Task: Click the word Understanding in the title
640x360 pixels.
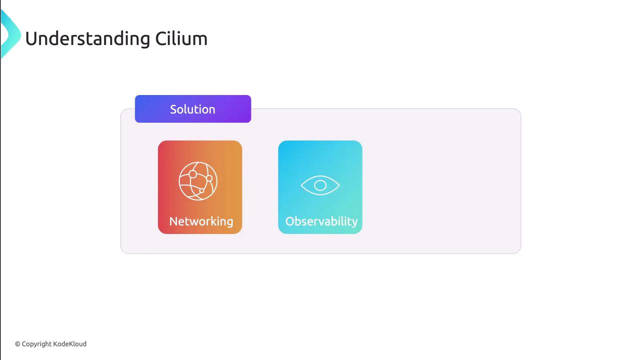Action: (x=87, y=39)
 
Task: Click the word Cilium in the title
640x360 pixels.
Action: (x=181, y=38)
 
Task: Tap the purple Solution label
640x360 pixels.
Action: (x=193, y=109)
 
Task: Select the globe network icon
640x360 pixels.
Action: (x=198, y=181)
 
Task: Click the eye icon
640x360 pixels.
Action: (x=320, y=185)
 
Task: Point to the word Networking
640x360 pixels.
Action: (x=201, y=221)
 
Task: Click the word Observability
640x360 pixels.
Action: (x=321, y=221)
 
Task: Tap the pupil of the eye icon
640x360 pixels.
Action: (x=320, y=185)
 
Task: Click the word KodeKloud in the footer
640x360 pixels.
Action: (x=69, y=343)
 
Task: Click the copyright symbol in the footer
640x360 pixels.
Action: (x=17, y=344)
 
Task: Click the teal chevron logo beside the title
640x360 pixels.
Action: (x=10, y=34)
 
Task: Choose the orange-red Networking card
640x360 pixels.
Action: (x=200, y=187)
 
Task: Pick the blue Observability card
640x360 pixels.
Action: (x=320, y=187)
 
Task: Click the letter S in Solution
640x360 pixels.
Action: (x=173, y=109)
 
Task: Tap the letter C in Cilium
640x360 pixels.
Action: (x=161, y=39)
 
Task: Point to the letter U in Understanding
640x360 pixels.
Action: (x=31, y=39)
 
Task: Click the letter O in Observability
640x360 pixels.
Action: (x=290, y=221)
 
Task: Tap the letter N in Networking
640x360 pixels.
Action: (x=173, y=221)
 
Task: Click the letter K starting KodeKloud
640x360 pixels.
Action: (x=55, y=343)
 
